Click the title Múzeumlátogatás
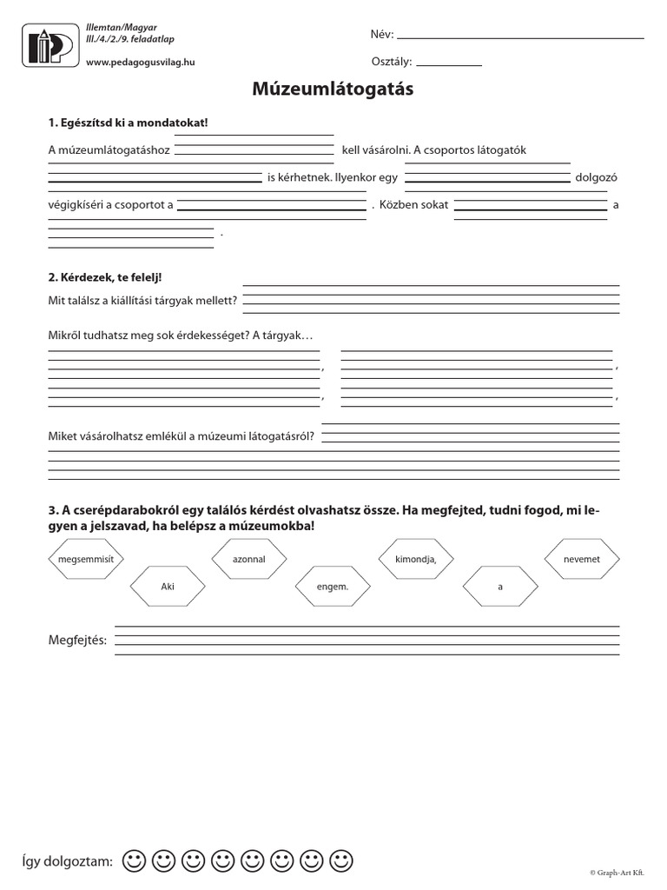[333, 89]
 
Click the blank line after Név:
[520, 37]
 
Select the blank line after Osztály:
[450, 64]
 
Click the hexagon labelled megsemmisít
[86, 560]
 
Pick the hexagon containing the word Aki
[168, 587]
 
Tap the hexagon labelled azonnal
[249, 560]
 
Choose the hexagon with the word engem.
[333, 587]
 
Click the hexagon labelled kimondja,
[415, 560]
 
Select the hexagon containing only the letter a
[499, 587]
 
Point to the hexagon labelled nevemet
[582, 560]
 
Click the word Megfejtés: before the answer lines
[77, 641]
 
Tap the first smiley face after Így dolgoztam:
[134, 860]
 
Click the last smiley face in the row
[343, 860]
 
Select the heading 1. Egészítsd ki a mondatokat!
[128, 123]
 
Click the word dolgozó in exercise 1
[595, 178]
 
